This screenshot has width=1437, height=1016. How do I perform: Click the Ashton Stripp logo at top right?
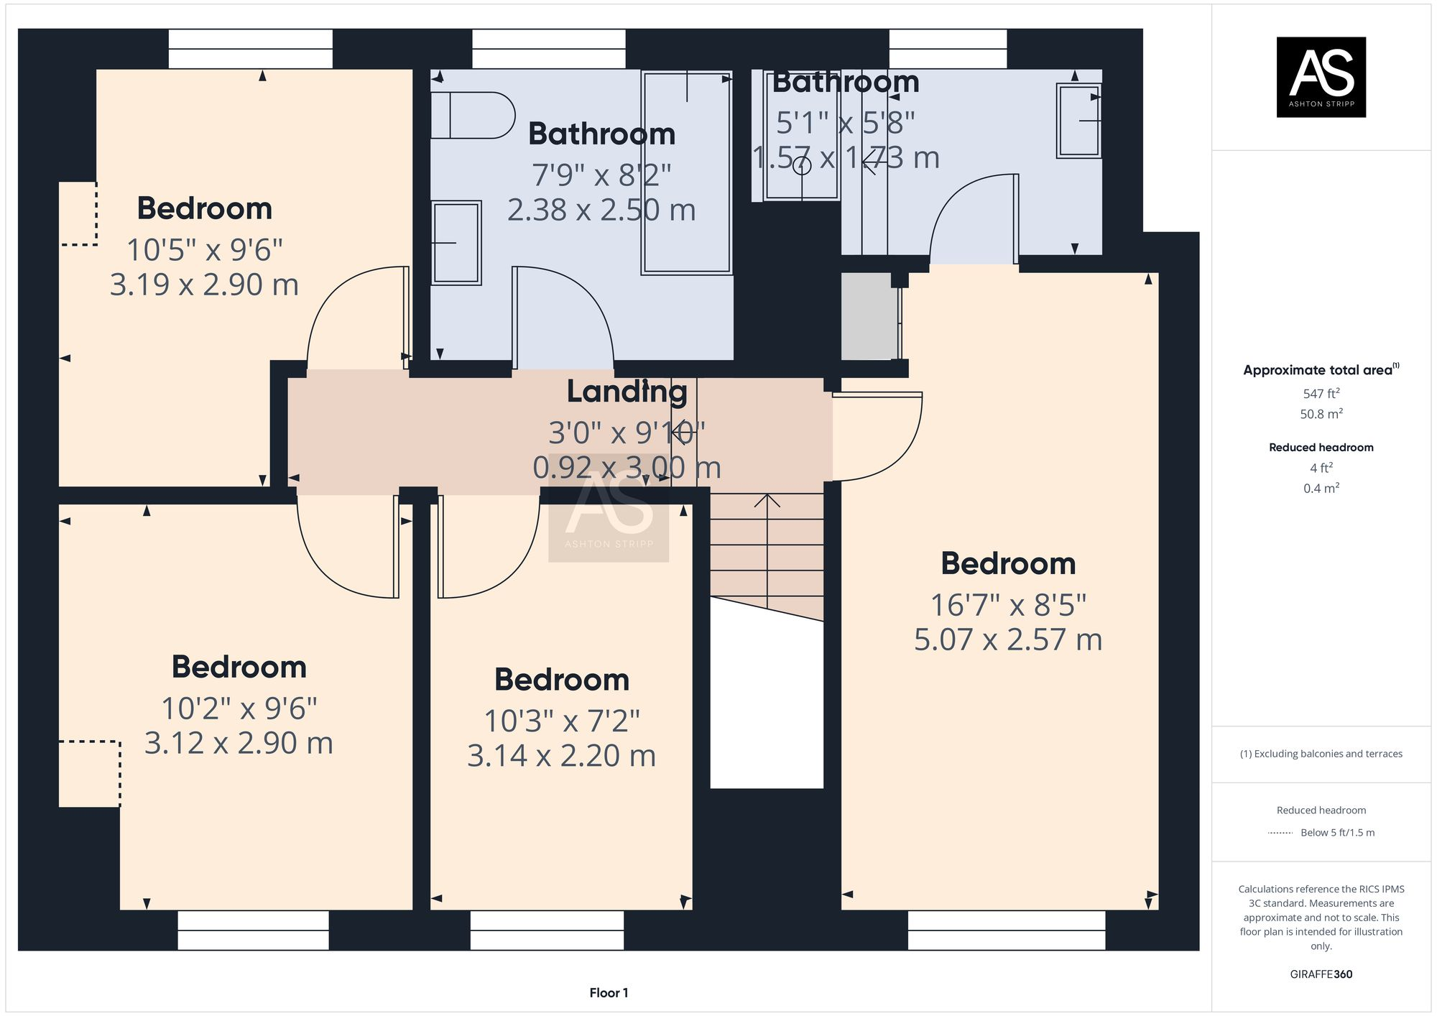click(1321, 77)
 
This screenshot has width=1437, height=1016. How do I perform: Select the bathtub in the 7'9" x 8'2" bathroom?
click(686, 172)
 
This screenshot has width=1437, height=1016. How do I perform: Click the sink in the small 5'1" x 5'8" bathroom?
click(1078, 121)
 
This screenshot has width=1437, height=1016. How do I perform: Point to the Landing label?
click(627, 392)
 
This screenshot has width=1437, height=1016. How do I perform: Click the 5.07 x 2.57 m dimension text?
click(1007, 639)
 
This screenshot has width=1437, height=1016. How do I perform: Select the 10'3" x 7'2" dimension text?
click(561, 721)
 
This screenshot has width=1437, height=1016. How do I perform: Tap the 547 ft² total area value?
click(1321, 394)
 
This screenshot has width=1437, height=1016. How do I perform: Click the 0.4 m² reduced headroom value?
click(1321, 489)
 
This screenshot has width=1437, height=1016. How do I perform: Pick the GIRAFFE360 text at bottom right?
click(1321, 974)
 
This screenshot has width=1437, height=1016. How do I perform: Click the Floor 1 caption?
click(609, 993)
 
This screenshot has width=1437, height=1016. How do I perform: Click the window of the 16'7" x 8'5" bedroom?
click(1006, 930)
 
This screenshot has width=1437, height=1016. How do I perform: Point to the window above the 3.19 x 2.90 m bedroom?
click(250, 49)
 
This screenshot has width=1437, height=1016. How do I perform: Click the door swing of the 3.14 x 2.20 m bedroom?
click(489, 550)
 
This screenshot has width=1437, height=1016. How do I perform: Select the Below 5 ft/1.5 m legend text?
click(1337, 833)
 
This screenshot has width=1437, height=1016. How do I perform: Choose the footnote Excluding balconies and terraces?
click(1321, 754)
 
